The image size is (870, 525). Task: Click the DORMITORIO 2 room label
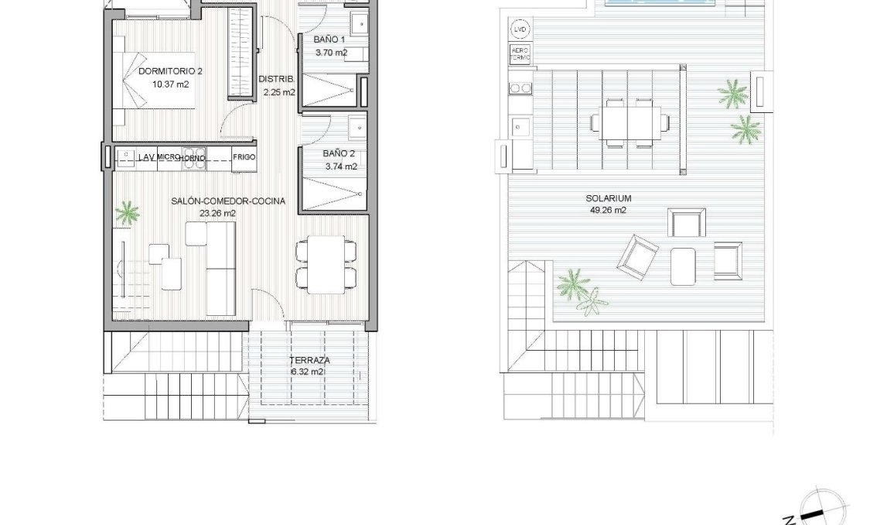[170, 71]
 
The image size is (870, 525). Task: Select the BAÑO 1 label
[330, 39]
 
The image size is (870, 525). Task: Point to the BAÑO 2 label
[339, 153]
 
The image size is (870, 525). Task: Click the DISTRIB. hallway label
[275, 79]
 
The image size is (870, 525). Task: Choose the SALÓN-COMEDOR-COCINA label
[228, 201]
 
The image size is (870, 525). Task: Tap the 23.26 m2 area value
[217, 213]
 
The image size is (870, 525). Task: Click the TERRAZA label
[310, 361]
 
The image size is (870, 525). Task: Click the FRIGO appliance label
[244, 157]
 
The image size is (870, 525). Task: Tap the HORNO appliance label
[193, 158]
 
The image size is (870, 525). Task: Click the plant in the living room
[128, 213]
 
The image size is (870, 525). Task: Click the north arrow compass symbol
[814, 510]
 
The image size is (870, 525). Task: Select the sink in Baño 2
[357, 127]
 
